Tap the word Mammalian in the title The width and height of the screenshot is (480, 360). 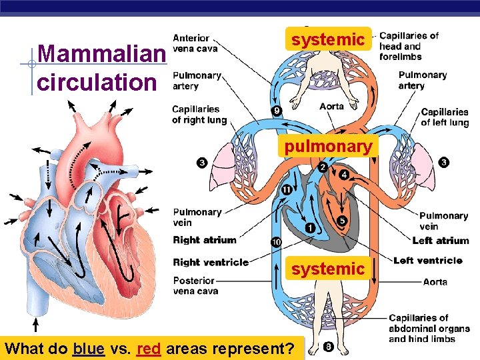point(101,55)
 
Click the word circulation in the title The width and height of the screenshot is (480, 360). point(97,82)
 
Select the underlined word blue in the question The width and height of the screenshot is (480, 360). point(89,348)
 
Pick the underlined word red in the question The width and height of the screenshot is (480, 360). point(148,348)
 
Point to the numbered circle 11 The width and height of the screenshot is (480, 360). point(286,190)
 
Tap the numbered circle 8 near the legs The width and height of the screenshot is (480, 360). point(328,346)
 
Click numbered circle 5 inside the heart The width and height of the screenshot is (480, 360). point(342,221)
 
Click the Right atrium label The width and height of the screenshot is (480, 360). point(205,240)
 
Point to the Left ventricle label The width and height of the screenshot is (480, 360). point(427,260)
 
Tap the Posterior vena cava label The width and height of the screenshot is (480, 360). point(194,286)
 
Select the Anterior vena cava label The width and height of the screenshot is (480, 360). point(195,43)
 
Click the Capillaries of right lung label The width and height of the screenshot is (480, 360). point(199,115)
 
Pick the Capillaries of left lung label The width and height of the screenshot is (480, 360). point(445,117)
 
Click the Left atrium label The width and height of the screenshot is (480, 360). point(441,240)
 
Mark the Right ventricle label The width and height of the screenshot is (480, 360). point(210,262)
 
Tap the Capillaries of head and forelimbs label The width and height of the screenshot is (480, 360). point(409,46)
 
